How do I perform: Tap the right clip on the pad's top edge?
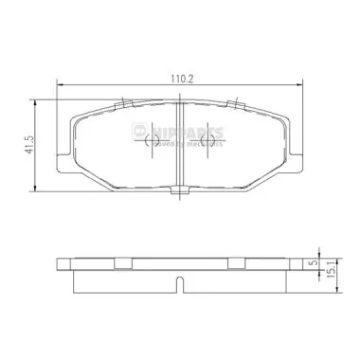[x=232, y=99]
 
